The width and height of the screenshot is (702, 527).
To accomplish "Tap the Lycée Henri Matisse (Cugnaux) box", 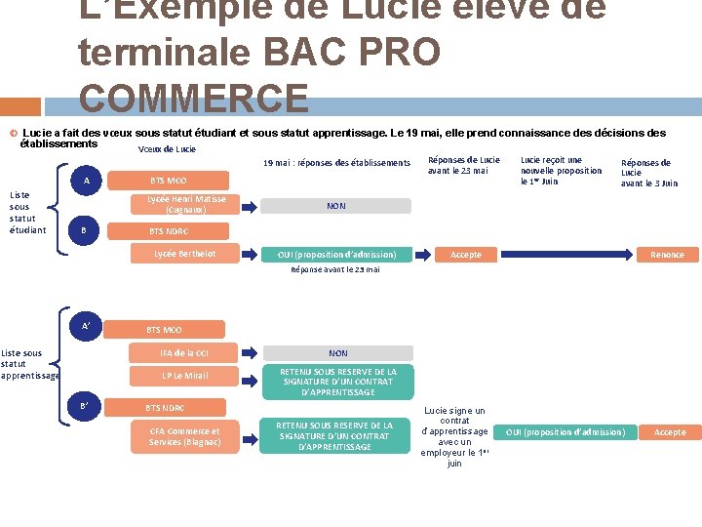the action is pyautogui.click(x=185, y=205).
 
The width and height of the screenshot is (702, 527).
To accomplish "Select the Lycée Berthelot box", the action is pyautogui.click(x=185, y=255).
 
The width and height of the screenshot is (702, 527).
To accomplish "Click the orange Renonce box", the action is pyautogui.click(x=668, y=255).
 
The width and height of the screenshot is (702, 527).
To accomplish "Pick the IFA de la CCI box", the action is pyautogui.click(x=185, y=353).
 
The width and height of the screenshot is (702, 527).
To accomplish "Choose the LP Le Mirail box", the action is pyautogui.click(x=185, y=376).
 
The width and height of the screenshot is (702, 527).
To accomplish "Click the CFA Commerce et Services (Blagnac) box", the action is pyautogui.click(x=185, y=436).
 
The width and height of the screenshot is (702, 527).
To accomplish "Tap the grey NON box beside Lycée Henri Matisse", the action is pyautogui.click(x=336, y=206).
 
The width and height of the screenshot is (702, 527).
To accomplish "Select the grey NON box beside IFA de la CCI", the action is pyautogui.click(x=338, y=353).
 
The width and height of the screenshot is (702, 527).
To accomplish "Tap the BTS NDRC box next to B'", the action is pyautogui.click(x=166, y=407).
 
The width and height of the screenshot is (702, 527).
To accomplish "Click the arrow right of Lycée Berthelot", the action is pyautogui.click(x=247, y=255).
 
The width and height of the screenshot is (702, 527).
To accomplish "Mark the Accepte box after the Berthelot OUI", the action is pyautogui.click(x=465, y=255).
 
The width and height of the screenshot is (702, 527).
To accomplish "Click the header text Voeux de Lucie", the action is pyautogui.click(x=167, y=149).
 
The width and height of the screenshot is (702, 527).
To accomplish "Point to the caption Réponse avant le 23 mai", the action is pyautogui.click(x=335, y=270).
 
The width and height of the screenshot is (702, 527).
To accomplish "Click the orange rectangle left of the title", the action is pyautogui.click(x=20, y=105).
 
